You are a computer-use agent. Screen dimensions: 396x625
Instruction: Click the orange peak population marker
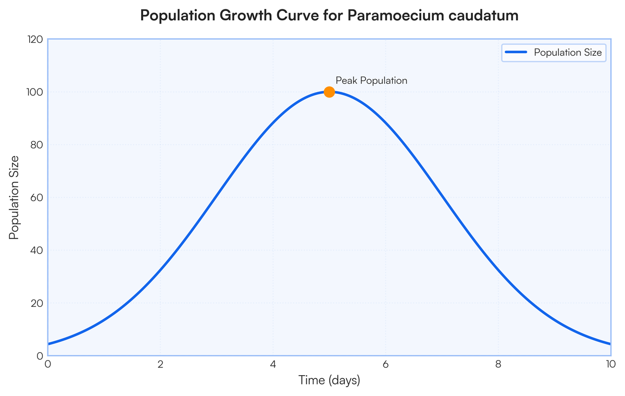(329, 92)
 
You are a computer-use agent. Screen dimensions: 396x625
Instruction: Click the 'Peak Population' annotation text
(371, 81)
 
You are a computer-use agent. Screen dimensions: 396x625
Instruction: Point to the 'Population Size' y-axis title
(15, 197)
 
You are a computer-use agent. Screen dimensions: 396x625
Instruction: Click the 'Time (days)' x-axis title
(329, 380)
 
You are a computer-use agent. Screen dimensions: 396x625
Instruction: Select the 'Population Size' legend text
(568, 53)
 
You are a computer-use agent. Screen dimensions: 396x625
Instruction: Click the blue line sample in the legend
(516, 53)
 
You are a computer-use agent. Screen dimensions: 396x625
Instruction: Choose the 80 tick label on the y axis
(36, 145)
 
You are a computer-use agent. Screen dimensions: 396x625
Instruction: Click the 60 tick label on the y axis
(36, 198)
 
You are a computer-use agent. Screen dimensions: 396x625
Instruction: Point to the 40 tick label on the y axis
(36, 251)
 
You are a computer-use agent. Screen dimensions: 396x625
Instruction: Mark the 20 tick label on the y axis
(36, 303)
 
